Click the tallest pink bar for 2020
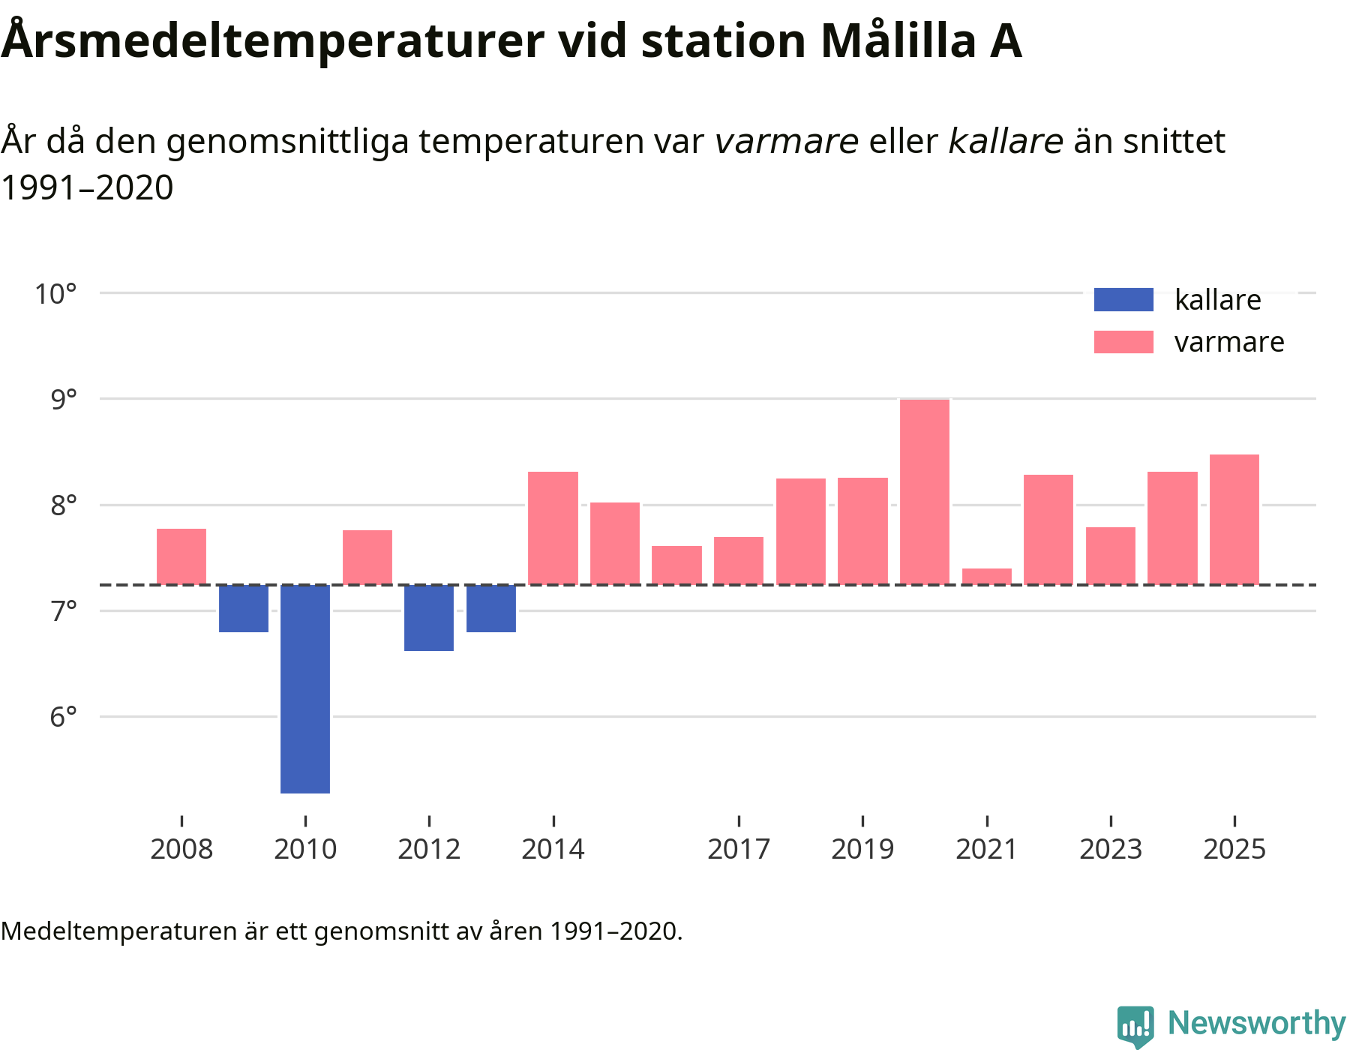[x=924, y=491]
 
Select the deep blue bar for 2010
[x=305, y=688]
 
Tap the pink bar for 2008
[x=181, y=556]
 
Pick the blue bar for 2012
[x=429, y=617]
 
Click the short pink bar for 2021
[x=986, y=576]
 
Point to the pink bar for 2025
[x=1234, y=519]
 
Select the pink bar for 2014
[x=553, y=527]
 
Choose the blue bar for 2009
[x=244, y=608]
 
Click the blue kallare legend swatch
[x=1123, y=299]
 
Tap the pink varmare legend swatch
[x=1123, y=342]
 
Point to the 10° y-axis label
[x=56, y=294]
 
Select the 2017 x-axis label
[x=739, y=850]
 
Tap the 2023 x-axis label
[x=1110, y=850]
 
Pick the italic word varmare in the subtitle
[x=786, y=141]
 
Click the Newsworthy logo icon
[x=1135, y=1025]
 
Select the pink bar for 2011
[x=367, y=557]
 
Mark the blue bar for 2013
[x=491, y=608]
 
